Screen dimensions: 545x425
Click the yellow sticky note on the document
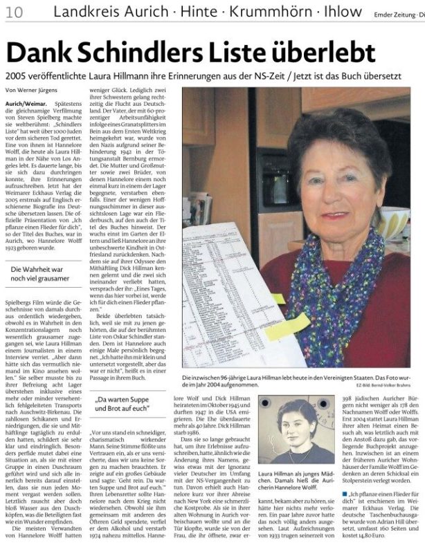[287, 326]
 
